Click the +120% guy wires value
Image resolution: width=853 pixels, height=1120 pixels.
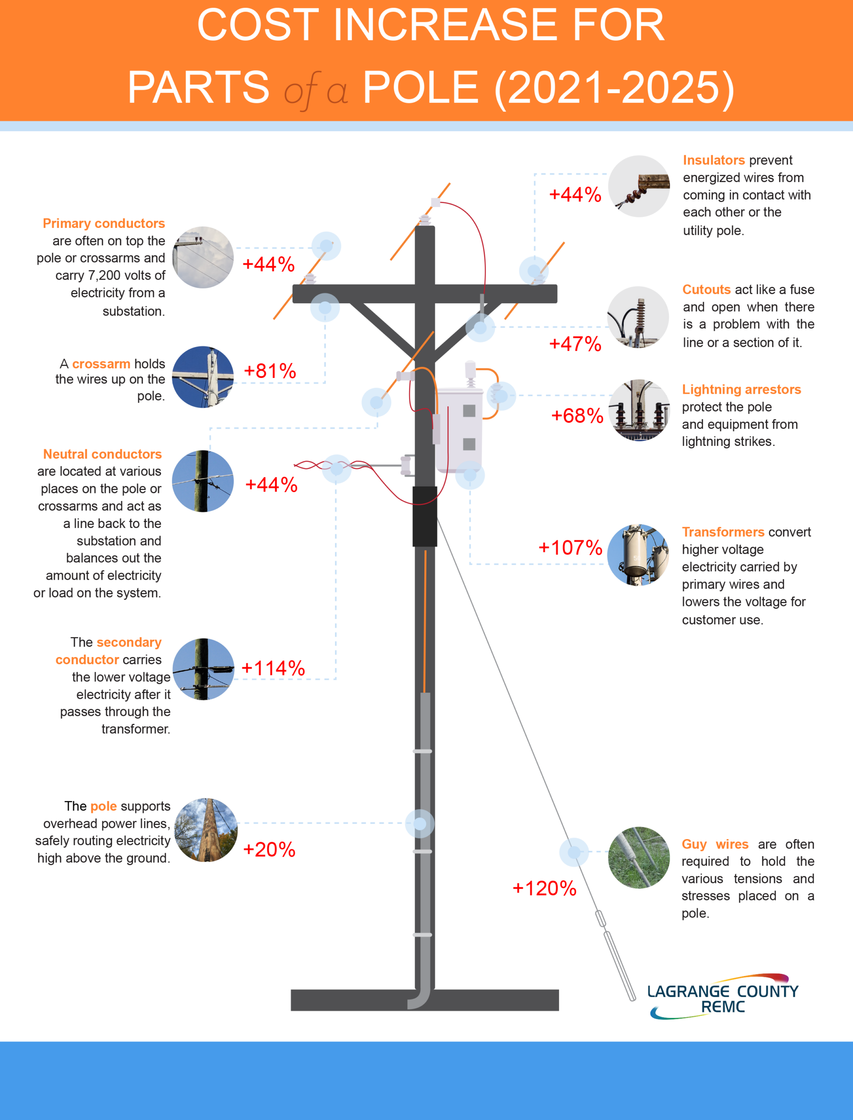pos(544,889)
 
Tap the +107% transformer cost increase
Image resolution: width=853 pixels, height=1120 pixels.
pos(570,548)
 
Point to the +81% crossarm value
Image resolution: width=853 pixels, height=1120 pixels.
pos(269,371)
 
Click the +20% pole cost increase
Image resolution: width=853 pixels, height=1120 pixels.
pos(269,849)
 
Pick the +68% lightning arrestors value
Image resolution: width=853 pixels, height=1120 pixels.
pos(577,416)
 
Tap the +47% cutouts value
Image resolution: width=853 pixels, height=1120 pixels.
pos(575,344)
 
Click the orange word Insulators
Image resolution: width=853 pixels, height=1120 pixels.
pos(714,161)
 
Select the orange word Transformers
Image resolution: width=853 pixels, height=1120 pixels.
pos(723,532)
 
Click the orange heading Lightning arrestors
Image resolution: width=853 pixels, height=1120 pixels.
pos(741,389)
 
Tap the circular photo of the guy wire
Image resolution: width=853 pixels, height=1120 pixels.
pos(639,857)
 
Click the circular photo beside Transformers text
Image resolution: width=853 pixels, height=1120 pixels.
pos(638,555)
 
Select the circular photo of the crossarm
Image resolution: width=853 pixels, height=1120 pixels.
pos(203,377)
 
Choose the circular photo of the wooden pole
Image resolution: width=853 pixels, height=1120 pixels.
pos(206,829)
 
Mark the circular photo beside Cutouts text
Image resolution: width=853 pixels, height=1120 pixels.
pos(638,317)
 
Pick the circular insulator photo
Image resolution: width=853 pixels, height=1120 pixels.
pos(639,186)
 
